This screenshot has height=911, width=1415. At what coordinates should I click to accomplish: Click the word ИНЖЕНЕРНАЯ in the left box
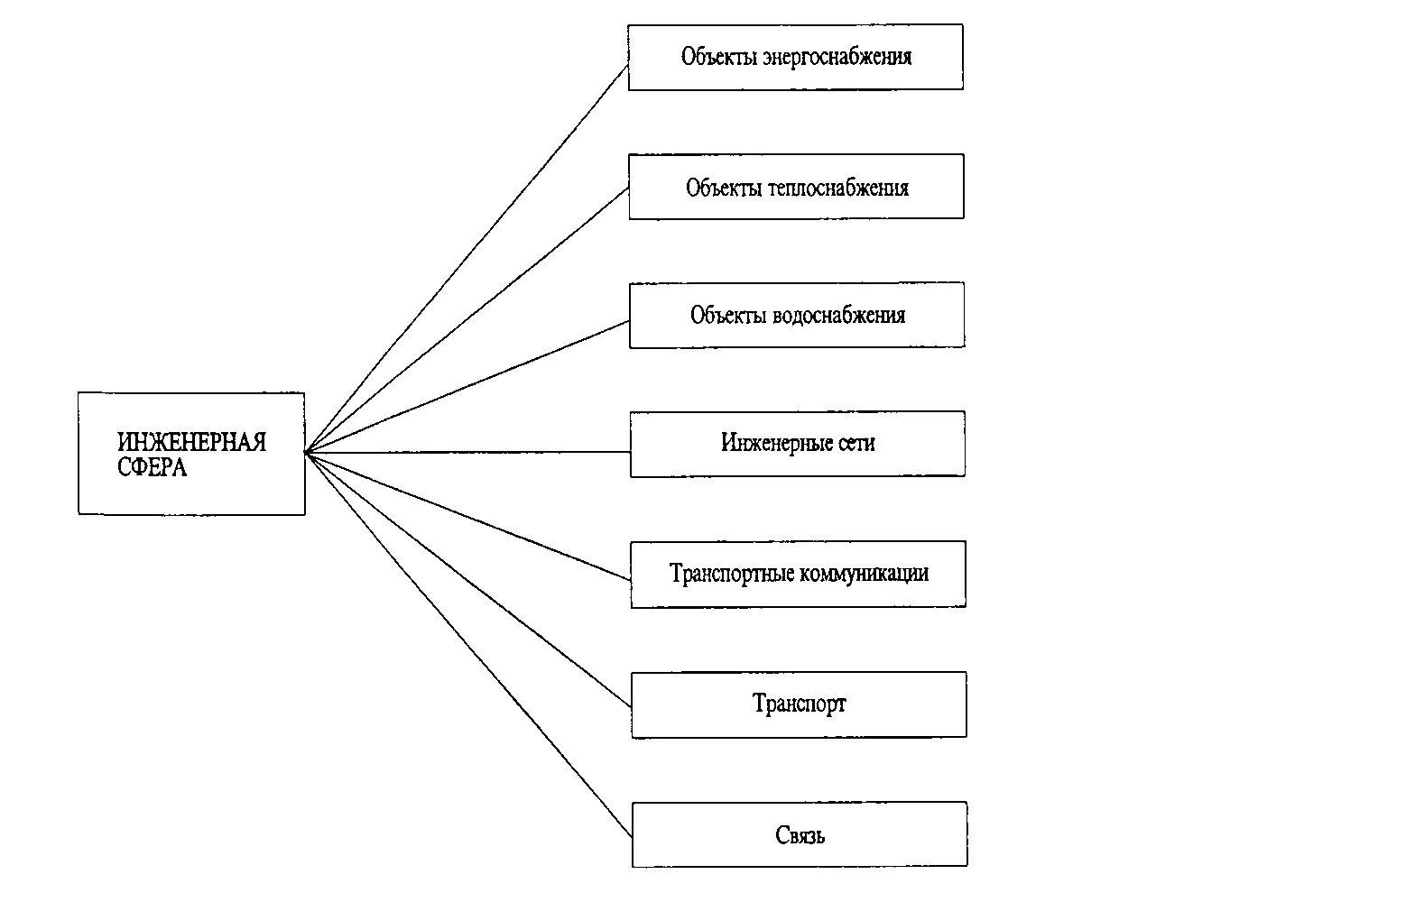point(191,442)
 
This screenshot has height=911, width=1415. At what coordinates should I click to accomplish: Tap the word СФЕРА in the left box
point(152,467)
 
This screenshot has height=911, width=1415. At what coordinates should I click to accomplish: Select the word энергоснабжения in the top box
point(837,57)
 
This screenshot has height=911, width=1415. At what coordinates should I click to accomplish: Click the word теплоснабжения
point(838,189)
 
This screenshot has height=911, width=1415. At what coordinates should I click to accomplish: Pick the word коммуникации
point(865,574)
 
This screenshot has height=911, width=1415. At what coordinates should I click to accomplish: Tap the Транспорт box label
point(800,704)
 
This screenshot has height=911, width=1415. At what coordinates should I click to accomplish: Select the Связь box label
point(800,835)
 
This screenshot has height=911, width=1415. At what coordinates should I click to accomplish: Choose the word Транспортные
point(732,574)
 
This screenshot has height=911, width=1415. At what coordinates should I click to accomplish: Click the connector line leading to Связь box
point(468,645)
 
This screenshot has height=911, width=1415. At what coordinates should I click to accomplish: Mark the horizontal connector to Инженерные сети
point(467,452)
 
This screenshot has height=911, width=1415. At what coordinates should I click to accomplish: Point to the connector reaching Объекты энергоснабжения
point(467,258)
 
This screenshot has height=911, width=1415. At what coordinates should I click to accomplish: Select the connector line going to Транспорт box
point(468,580)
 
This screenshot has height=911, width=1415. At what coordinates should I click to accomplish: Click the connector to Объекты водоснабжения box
point(467,386)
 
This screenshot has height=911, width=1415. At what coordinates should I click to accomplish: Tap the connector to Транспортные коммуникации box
point(467,516)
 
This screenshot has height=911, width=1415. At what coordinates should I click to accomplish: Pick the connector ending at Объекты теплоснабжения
point(467,319)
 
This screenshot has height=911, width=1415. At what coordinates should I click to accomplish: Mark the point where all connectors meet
point(306,452)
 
